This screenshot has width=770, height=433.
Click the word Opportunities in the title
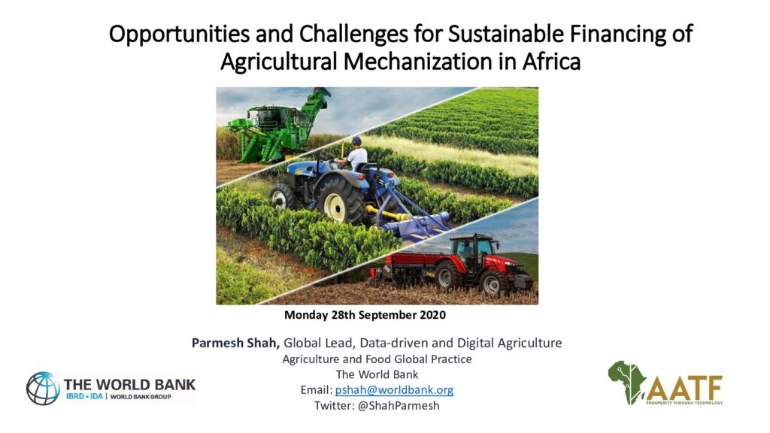(x=179, y=35)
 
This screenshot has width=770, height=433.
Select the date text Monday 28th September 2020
(x=365, y=315)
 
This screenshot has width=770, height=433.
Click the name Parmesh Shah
(x=235, y=343)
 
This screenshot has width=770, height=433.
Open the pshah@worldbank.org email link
(x=394, y=390)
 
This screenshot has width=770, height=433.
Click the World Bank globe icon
(x=43, y=389)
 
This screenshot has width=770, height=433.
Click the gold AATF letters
(x=684, y=388)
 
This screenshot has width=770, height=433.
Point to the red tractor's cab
(x=472, y=250)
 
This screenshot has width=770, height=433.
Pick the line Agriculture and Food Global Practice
(x=377, y=359)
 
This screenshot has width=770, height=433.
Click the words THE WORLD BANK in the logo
(x=129, y=384)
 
